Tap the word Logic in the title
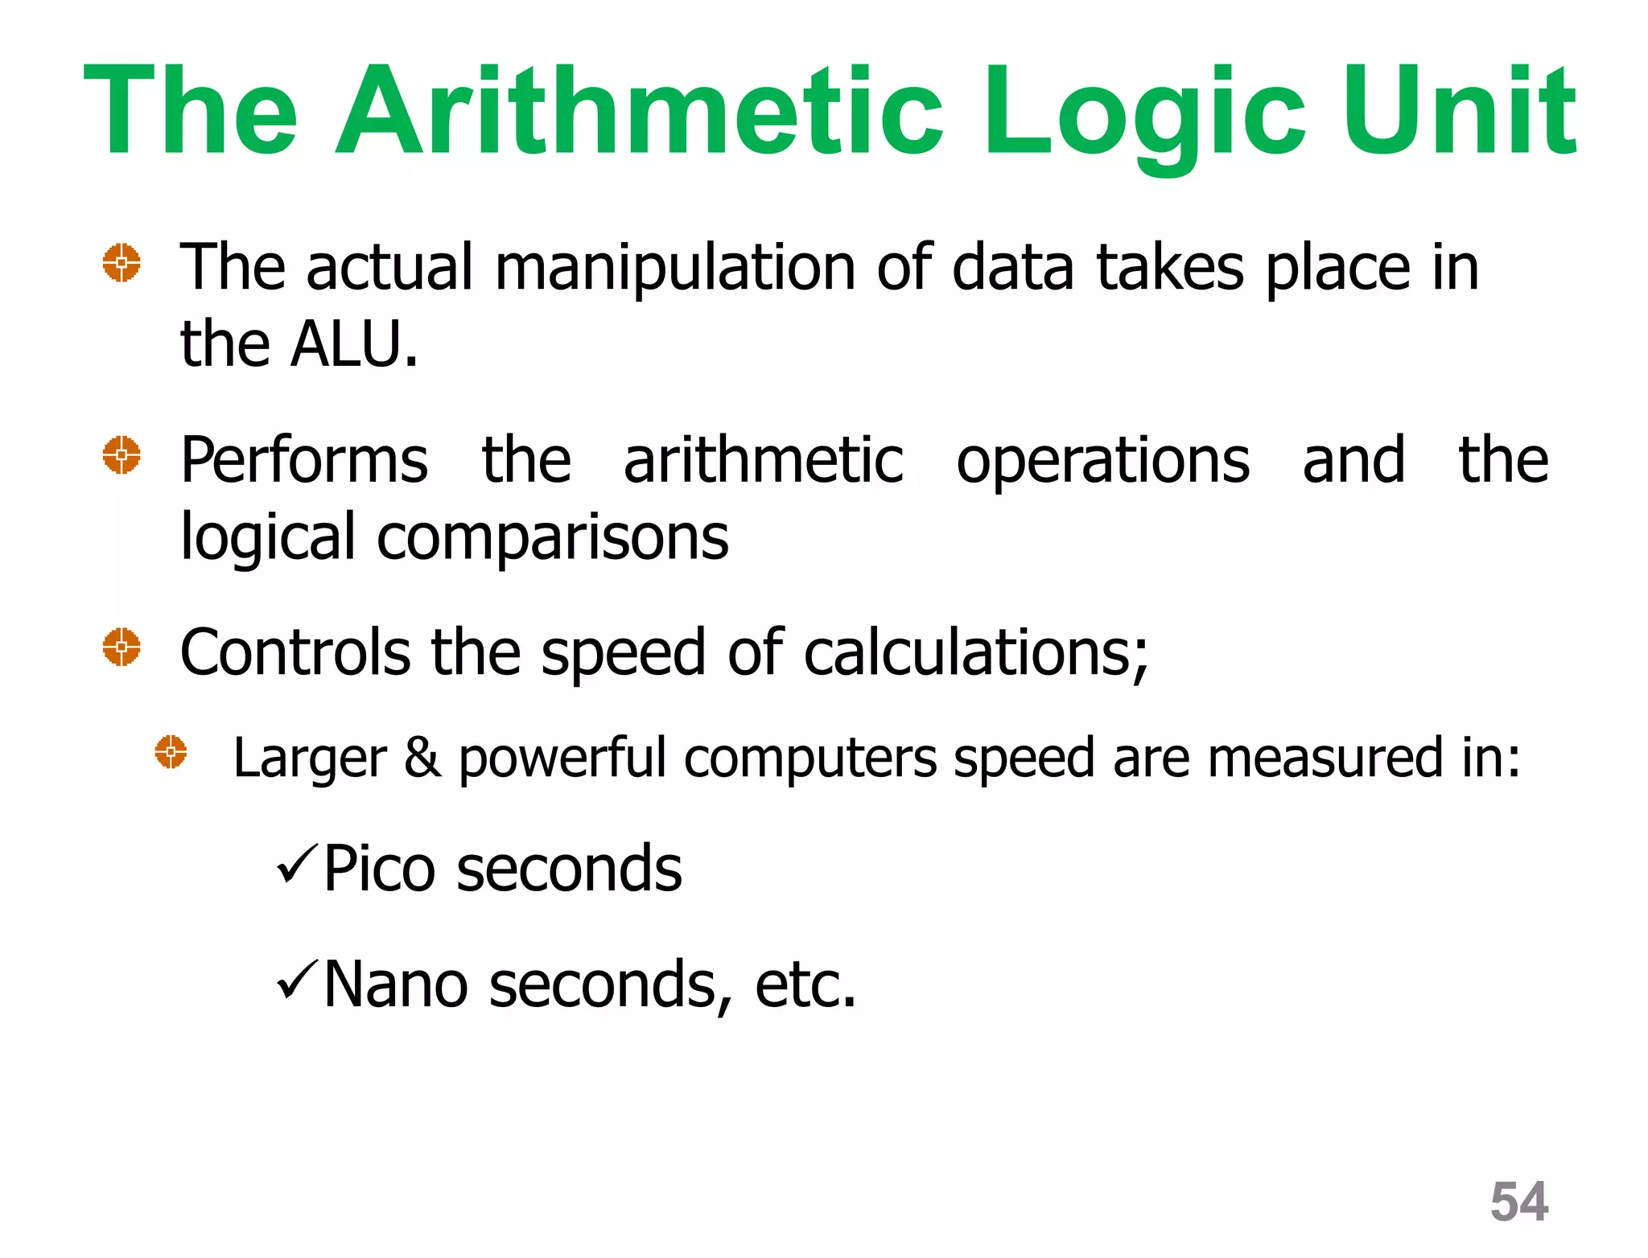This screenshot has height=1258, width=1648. point(1143,113)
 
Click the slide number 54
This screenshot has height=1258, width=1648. point(1518,1202)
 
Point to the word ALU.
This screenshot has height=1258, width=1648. point(354,344)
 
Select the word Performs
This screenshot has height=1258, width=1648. point(304,460)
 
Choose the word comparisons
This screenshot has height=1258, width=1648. point(552,537)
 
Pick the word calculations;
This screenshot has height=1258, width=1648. point(976,653)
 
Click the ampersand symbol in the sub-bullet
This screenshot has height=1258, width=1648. point(422,758)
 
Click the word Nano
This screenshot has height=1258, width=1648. point(395,984)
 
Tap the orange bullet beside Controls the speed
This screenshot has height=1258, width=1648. point(122,647)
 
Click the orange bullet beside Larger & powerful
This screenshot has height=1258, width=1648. point(171,752)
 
